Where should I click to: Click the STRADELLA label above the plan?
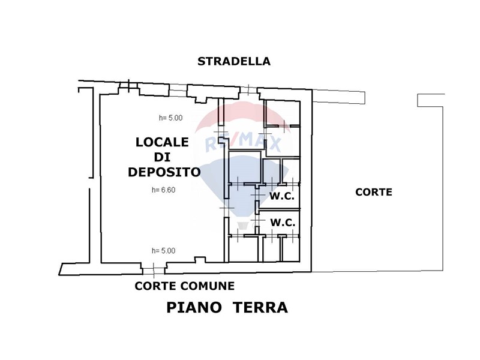(234, 62)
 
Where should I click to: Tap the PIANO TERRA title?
(227, 307)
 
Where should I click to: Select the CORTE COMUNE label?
(185, 286)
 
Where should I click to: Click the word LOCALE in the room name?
(162, 142)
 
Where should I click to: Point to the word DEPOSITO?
(164, 172)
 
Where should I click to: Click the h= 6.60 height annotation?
(164, 190)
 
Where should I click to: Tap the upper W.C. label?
(282, 196)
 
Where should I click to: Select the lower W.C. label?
(283, 223)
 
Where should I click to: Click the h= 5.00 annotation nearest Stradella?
(171, 118)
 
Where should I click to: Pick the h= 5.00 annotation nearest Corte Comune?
(164, 251)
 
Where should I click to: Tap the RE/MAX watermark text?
(243, 143)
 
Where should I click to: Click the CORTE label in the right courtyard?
(374, 192)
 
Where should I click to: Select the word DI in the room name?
(162, 157)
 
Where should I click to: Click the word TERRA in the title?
(260, 307)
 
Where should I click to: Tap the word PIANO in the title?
(194, 307)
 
